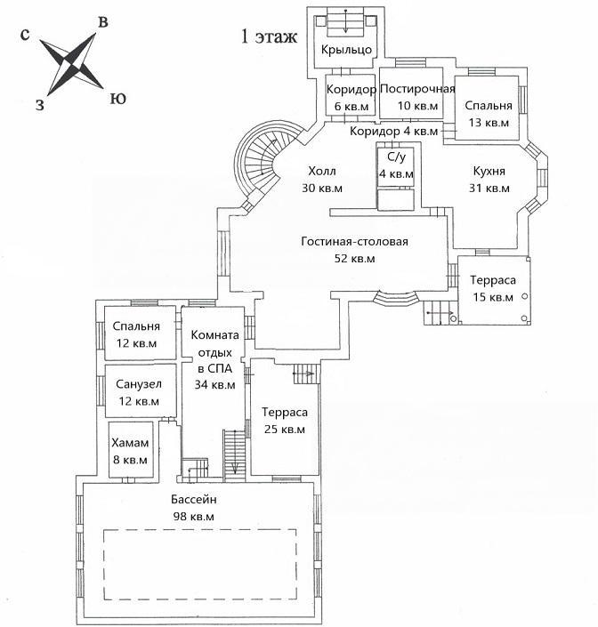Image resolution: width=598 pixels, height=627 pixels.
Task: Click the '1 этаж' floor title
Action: pyautogui.click(x=268, y=37)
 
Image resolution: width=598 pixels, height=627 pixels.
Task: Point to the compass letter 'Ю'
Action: pyautogui.click(x=117, y=98)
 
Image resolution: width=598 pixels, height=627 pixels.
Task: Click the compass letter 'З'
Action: pyautogui.click(x=39, y=105)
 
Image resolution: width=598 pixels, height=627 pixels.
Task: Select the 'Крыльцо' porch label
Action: pyautogui.click(x=346, y=51)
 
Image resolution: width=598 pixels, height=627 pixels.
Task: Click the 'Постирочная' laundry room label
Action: pyautogui.click(x=417, y=89)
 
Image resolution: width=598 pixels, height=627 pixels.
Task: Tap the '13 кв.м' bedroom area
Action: pyautogui.click(x=489, y=123)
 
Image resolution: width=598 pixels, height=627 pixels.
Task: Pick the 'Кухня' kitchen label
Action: pyautogui.click(x=489, y=172)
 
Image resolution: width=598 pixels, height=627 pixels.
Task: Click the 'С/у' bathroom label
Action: pyautogui.click(x=395, y=157)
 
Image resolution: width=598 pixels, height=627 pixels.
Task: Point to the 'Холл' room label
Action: pyautogui.click(x=323, y=172)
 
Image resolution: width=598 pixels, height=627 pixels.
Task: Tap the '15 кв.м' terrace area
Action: pyautogui.click(x=491, y=297)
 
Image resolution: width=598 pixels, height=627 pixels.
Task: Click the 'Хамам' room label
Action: pyautogui.click(x=129, y=444)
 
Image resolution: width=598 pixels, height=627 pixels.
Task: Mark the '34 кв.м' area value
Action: pyautogui.click(x=214, y=385)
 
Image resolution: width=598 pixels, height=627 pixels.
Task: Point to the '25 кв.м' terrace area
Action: pyautogui.click(x=284, y=430)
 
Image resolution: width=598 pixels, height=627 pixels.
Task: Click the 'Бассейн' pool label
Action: pyautogui.click(x=193, y=499)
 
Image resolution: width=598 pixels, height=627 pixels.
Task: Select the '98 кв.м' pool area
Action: pyautogui.click(x=193, y=516)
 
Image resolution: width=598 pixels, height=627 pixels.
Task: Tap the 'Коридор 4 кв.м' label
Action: pyautogui.click(x=394, y=132)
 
